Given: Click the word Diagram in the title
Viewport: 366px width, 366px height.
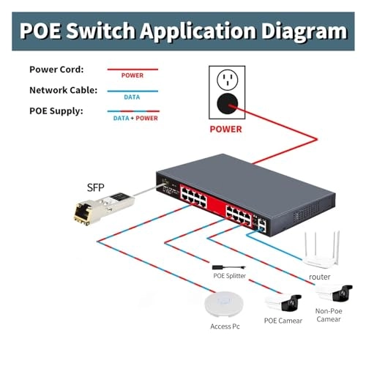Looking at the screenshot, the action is [305, 31].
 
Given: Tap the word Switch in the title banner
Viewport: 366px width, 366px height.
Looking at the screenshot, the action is [100, 30].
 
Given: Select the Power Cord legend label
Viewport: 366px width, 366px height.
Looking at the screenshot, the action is [56, 70].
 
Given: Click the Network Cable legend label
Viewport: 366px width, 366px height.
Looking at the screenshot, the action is [63, 90].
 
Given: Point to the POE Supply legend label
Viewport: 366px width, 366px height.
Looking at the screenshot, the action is [56, 111].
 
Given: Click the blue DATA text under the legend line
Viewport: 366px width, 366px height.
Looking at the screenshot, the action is [132, 97].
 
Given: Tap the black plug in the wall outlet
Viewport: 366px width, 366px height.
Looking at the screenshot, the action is [228, 104].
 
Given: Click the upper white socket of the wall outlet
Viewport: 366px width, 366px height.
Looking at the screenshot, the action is [228, 80].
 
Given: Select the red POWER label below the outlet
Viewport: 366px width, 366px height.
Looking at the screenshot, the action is [225, 129].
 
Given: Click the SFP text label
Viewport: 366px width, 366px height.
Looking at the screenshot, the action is [96, 187].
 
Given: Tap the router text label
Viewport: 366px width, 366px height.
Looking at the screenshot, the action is [320, 277].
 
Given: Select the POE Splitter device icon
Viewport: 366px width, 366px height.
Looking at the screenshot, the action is [229, 267].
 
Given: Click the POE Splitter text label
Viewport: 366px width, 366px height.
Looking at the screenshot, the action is [230, 276].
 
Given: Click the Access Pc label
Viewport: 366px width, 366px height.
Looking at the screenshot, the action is [225, 326].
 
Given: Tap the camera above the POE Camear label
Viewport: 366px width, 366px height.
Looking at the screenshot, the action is [283, 303].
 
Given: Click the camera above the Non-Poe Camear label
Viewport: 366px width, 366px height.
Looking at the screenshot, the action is [334, 293].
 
